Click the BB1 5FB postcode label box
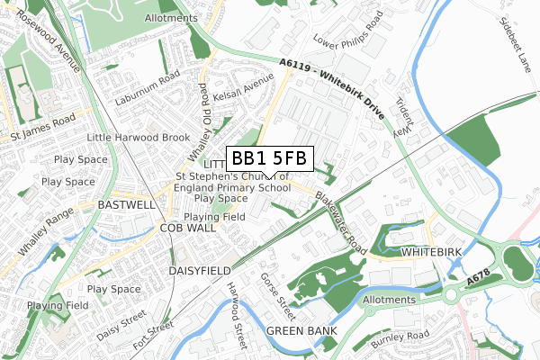point(270,158)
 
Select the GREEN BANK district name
point(301,331)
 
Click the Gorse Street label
point(278,296)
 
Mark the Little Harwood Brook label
point(139,137)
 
